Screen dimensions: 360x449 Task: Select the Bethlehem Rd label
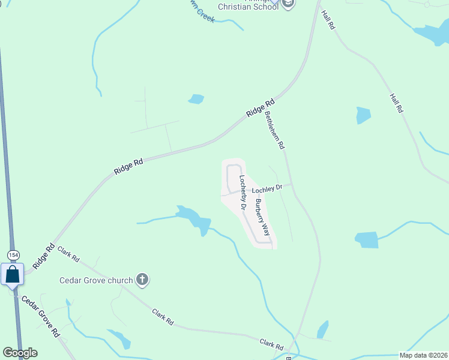pyautogui.click(x=274, y=130)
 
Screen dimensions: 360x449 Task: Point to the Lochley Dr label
pyautogui.click(x=267, y=189)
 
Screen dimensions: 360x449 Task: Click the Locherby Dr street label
pyautogui.click(x=243, y=192)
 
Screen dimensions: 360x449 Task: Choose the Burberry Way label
pyautogui.click(x=261, y=217)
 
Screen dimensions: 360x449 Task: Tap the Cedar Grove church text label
pyautogui.click(x=96, y=280)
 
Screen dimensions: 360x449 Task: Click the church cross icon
pyautogui.click(x=142, y=279)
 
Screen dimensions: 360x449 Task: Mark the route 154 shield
pyautogui.click(x=12, y=254)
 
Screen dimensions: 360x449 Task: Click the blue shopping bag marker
pyautogui.click(x=12, y=275)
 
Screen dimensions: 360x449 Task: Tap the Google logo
pyautogui.click(x=20, y=353)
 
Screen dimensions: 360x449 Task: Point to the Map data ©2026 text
pyautogui.click(x=423, y=355)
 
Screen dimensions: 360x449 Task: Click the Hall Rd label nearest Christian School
pyautogui.click(x=327, y=20)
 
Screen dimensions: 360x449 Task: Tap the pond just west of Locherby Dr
pyautogui.click(x=193, y=218)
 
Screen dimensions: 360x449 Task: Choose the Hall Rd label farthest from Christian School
pyautogui.click(x=396, y=103)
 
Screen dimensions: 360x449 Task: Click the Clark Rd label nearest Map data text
pyautogui.click(x=271, y=344)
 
